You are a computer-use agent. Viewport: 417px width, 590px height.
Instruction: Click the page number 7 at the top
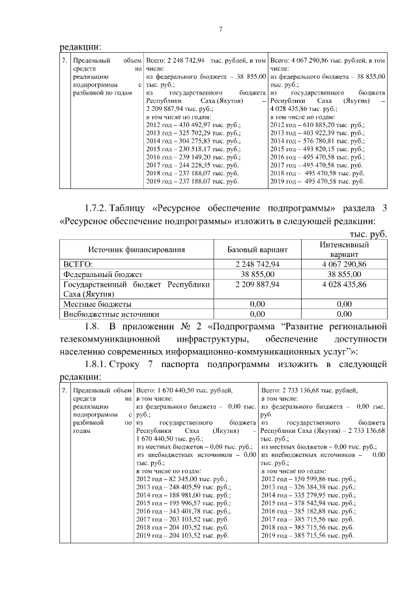220,29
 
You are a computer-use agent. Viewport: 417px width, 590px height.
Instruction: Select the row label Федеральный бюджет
102,274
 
